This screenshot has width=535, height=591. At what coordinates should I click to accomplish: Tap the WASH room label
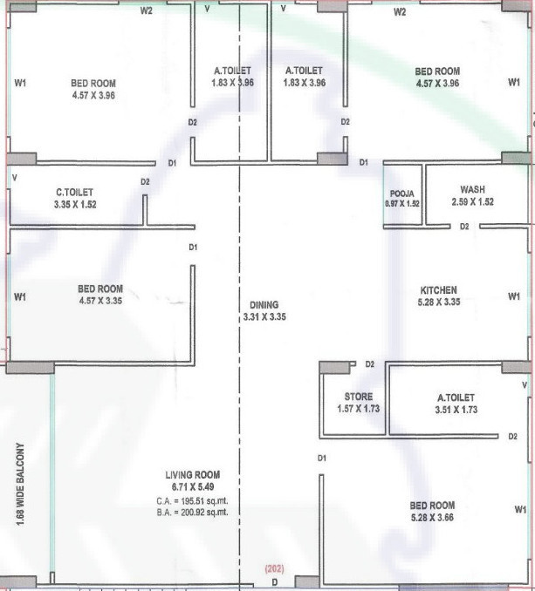pyautogui.click(x=473, y=190)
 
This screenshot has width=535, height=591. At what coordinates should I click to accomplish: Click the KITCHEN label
pyautogui.click(x=439, y=290)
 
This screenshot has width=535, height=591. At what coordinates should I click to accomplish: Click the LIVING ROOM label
pyautogui.click(x=190, y=474)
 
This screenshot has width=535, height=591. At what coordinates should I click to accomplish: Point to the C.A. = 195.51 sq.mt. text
pyautogui.click(x=190, y=501)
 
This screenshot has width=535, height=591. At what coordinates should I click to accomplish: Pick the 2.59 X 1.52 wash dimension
pyautogui.click(x=473, y=202)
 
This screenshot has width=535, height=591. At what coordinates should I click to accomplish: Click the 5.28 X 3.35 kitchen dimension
pyautogui.click(x=439, y=302)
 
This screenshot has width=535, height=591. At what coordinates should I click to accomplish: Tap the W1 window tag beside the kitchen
pyautogui.click(x=513, y=297)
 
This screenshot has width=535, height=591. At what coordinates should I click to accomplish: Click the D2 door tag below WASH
pyautogui.click(x=465, y=227)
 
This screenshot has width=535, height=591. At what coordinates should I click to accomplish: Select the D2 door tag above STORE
pyautogui.click(x=370, y=364)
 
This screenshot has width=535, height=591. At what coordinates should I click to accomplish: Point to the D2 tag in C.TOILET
pyautogui.click(x=145, y=181)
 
